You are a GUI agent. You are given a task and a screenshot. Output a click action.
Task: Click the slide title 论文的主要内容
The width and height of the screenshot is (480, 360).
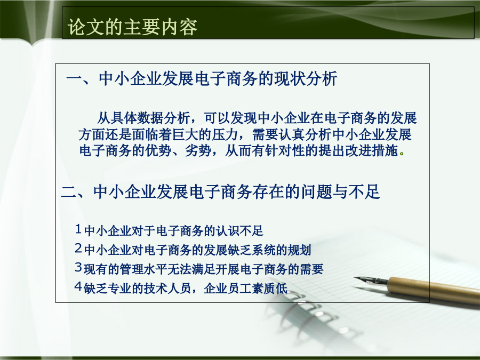132,27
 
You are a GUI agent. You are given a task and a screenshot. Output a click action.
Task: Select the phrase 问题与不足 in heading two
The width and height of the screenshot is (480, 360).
340,191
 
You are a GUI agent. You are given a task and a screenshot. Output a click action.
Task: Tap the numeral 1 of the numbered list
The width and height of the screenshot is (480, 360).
78,229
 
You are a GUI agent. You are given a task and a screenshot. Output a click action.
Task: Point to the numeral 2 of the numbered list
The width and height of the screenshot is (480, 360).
78,248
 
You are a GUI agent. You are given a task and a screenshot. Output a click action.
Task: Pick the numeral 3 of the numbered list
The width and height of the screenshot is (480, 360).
78,268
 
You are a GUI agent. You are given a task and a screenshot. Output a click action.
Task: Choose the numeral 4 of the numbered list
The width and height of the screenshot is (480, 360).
78,286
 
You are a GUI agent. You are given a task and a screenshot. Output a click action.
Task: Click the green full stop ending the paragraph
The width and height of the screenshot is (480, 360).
402,154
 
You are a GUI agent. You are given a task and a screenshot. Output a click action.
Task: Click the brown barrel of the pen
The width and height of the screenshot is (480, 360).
435,290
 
